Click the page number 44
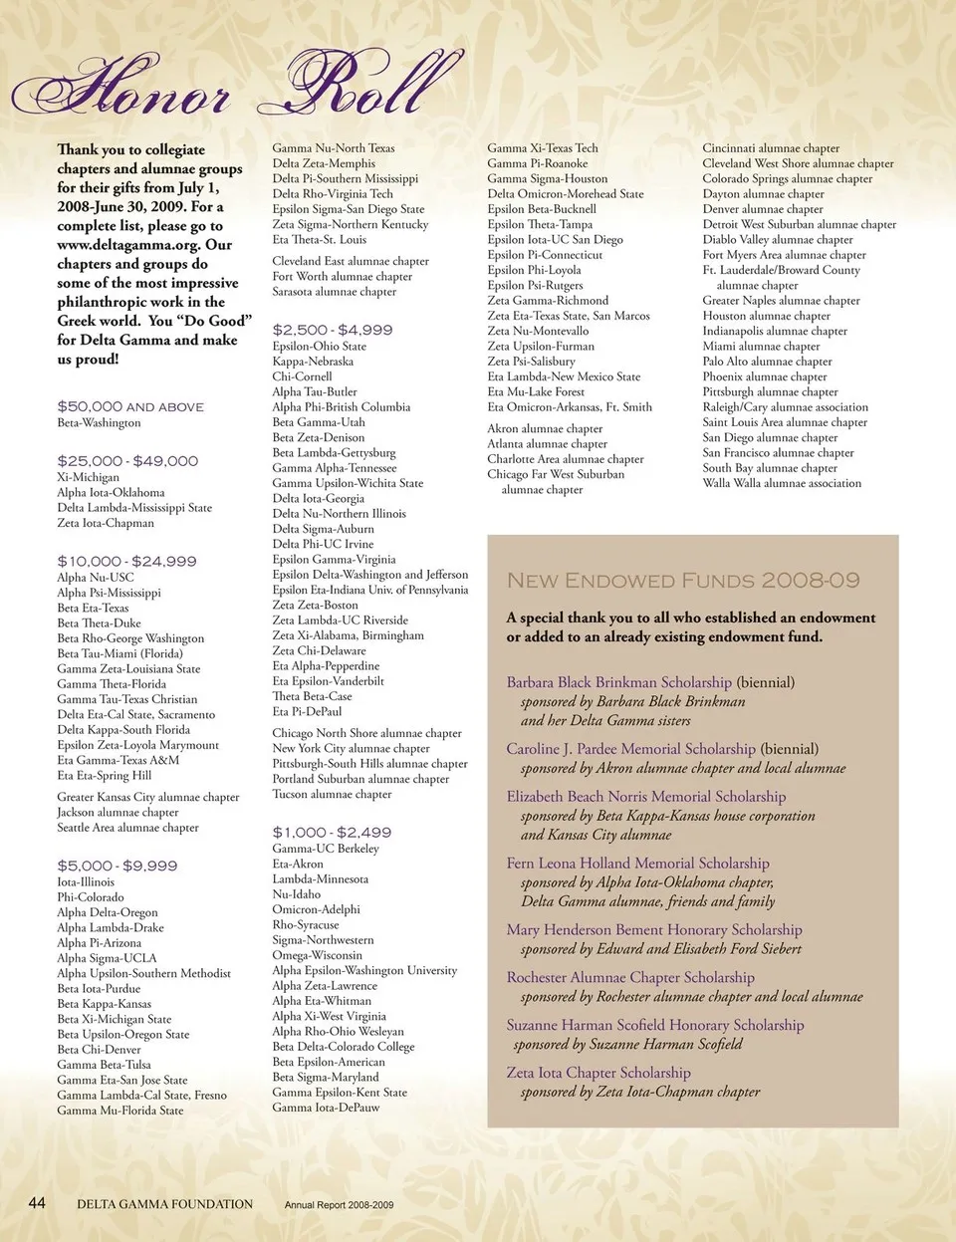click(x=37, y=1203)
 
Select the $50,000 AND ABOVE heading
click(x=130, y=407)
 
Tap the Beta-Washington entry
click(x=99, y=423)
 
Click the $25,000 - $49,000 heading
click(x=127, y=461)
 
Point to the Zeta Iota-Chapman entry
click(x=106, y=523)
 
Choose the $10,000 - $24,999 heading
click(x=126, y=562)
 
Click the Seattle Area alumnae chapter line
click(x=127, y=828)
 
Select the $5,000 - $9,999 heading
click(x=118, y=867)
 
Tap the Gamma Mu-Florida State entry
click(x=120, y=1111)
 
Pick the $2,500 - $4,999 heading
click(x=333, y=330)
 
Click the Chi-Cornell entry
click(x=302, y=376)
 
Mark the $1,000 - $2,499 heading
click(x=332, y=833)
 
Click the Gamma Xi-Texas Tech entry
click(x=543, y=148)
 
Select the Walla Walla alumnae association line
click(x=782, y=484)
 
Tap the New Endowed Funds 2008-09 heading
click(x=683, y=581)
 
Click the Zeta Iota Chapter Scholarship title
click(x=598, y=1073)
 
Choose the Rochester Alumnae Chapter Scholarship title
click(x=630, y=978)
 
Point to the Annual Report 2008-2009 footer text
click(x=339, y=1205)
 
